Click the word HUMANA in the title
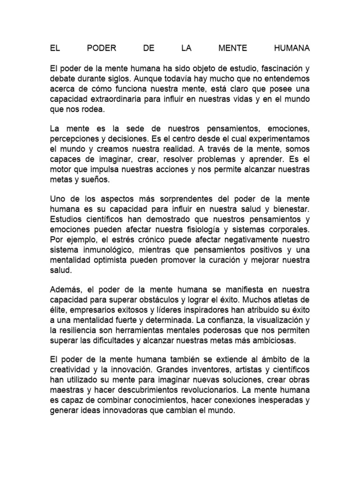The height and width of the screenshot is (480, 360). pyautogui.click(x=291, y=48)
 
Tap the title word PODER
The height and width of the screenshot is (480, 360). pyautogui.click(x=102, y=48)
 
